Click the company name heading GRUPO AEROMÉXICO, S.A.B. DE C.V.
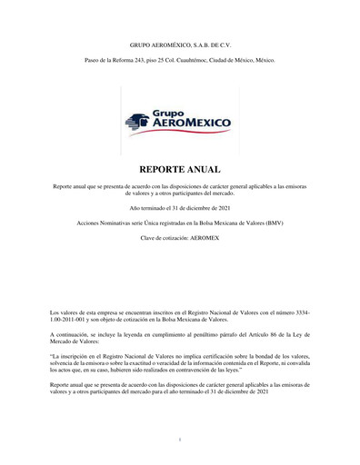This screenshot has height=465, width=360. (180, 44)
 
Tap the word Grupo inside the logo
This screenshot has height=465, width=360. (168, 113)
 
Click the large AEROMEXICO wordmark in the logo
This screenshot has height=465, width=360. (191, 124)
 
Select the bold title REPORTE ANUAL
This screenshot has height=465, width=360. (180, 170)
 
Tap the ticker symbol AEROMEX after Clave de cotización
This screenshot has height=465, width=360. (205, 238)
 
